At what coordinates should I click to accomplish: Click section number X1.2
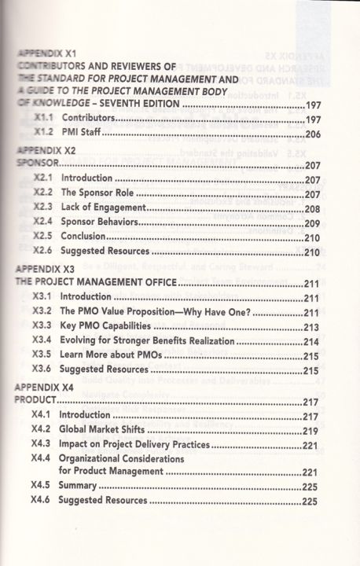tap(48, 134)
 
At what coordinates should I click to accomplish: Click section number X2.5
tap(48, 237)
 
